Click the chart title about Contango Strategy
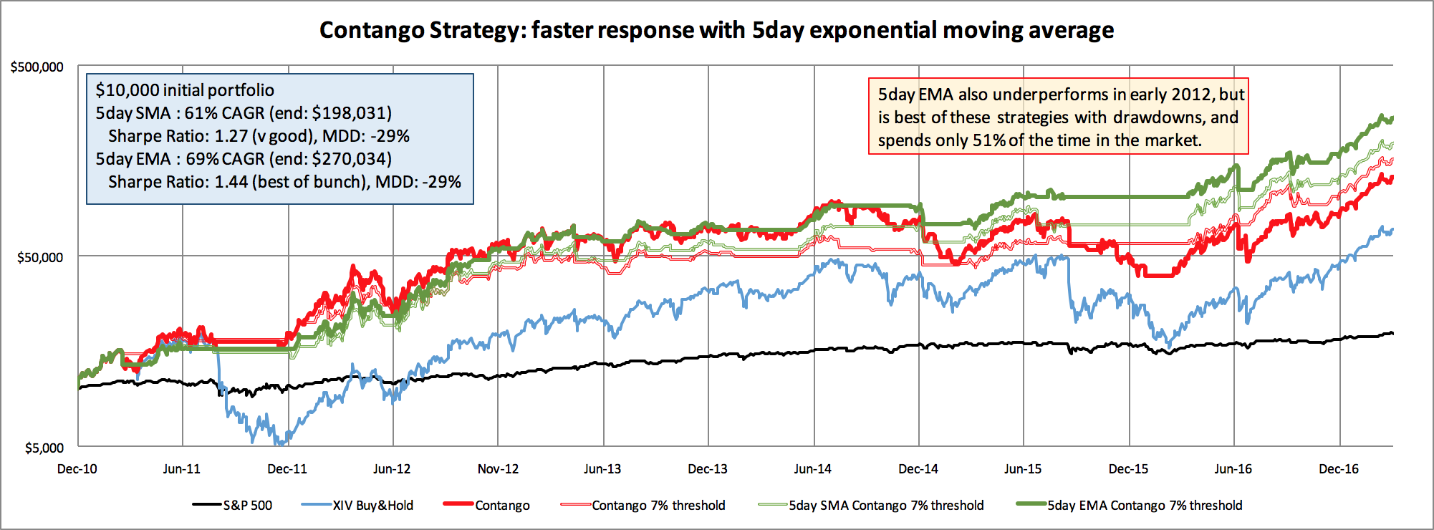pos(716,30)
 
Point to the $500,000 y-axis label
pos(37,67)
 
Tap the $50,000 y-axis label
pos(40,257)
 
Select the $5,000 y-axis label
pos(44,448)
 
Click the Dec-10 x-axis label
pos(77,469)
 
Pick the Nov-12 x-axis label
pos(498,469)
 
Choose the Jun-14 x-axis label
pos(812,469)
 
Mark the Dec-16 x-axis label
pos(1338,469)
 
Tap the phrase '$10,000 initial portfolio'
pos(185,90)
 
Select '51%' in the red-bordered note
pos(988,140)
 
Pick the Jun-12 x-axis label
pos(392,469)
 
